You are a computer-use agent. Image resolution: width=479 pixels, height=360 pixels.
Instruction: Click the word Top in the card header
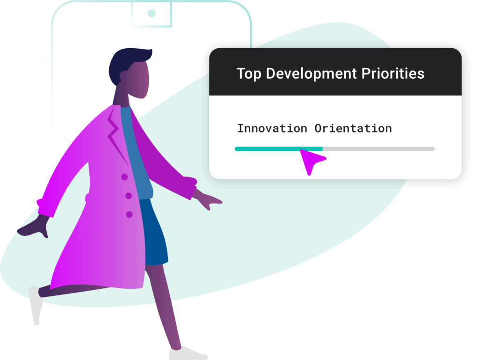[249, 74]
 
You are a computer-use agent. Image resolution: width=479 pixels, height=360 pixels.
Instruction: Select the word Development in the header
[311, 74]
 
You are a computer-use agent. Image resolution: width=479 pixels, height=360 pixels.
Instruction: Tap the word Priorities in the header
[393, 73]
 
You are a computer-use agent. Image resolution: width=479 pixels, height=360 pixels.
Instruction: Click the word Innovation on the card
[272, 128]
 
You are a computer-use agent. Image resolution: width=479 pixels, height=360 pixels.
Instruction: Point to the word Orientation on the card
[353, 128]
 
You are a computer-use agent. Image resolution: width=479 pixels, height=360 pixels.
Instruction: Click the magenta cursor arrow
[312, 161]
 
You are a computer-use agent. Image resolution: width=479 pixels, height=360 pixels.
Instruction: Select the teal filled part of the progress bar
[279, 149]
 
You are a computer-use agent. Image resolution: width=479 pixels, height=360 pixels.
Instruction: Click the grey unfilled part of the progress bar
[379, 149]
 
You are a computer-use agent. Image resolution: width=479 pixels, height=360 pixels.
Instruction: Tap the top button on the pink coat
[124, 176]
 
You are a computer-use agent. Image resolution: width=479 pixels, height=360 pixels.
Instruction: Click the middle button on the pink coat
[129, 196]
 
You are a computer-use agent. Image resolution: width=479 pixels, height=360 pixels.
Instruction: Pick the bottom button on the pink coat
[129, 214]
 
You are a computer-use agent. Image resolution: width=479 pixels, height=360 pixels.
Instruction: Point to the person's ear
[123, 76]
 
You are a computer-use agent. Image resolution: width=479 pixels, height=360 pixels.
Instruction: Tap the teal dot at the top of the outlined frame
[152, 13]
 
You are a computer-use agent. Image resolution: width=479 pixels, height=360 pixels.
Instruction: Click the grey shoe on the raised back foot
[36, 305]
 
